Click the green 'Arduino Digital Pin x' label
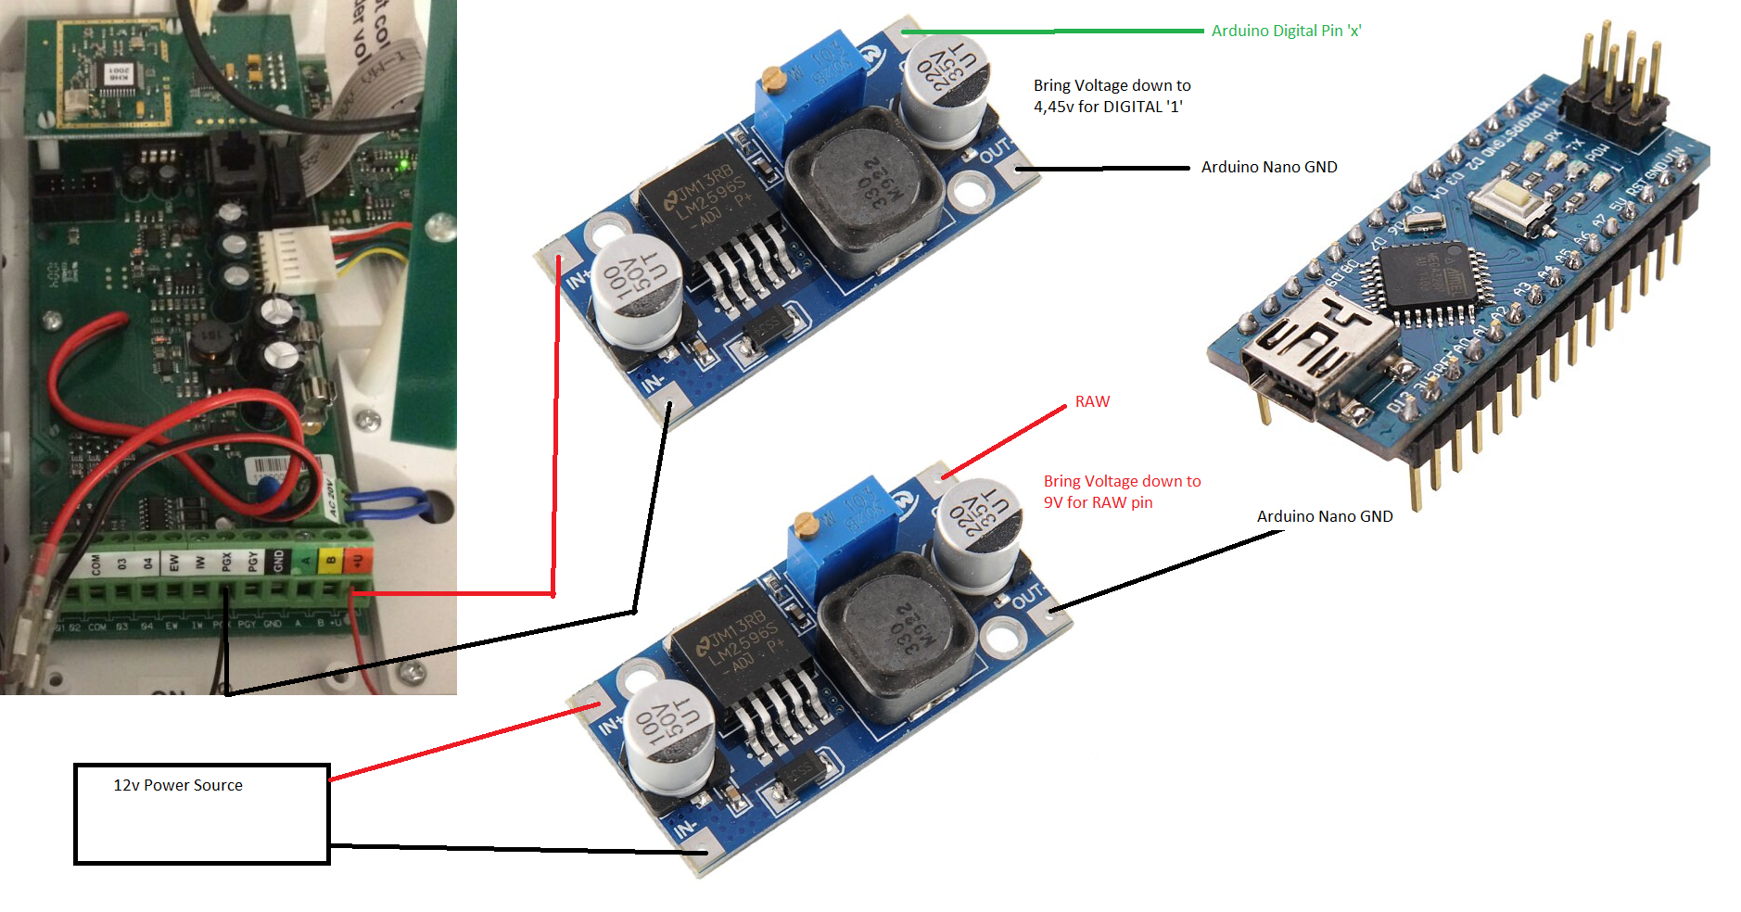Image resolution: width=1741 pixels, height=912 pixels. pyautogui.click(x=1286, y=31)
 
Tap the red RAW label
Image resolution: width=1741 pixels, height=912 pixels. pyautogui.click(x=1092, y=401)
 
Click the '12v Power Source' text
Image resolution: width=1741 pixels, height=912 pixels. pyautogui.click(x=178, y=785)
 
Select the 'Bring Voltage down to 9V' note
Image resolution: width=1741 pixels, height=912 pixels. pyautogui.click(x=1122, y=491)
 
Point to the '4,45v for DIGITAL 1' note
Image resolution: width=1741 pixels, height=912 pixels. pyautogui.click(x=1112, y=96)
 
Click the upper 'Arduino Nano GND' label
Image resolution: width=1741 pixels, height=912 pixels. pyautogui.click(x=1269, y=167)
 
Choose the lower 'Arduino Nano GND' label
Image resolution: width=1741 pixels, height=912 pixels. pyautogui.click(x=1325, y=516)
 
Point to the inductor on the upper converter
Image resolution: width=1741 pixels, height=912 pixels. pyautogui.click(x=864, y=190)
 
